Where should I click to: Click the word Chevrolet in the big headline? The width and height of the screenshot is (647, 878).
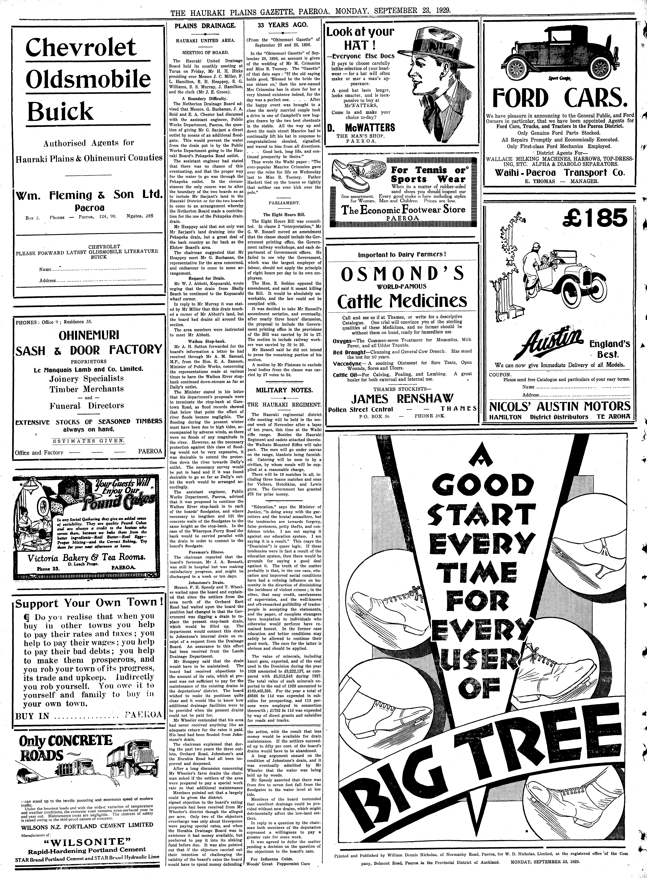tap(81, 48)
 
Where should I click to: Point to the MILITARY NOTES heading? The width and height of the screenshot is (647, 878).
tap(284, 390)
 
